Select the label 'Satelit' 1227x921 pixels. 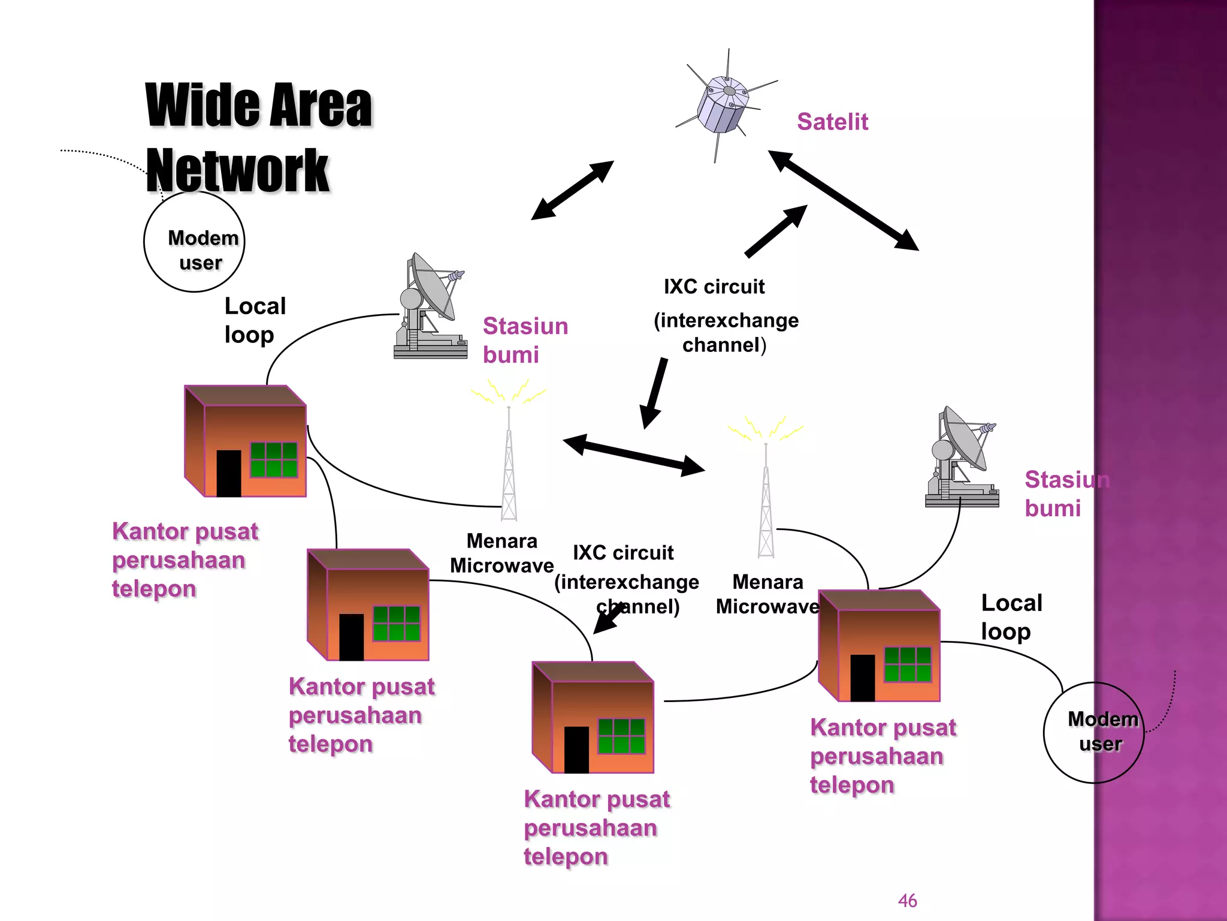(832, 122)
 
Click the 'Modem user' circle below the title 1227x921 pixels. (195, 242)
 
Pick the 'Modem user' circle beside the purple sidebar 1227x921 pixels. (1093, 732)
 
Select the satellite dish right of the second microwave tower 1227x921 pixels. (962, 458)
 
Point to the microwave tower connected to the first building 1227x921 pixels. (509, 465)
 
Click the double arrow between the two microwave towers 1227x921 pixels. (633, 455)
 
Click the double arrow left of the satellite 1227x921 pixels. (572, 190)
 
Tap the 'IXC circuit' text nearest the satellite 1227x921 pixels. (714, 287)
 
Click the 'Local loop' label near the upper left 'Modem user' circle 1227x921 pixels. (254, 320)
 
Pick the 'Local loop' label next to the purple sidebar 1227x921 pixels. (1011, 617)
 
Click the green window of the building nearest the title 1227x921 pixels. (273, 460)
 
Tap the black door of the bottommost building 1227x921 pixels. (576, 750)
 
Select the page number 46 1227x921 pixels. (907, 901)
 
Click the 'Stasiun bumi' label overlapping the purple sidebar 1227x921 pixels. (1066, 493)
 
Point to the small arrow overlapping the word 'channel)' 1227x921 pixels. (609, 619)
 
